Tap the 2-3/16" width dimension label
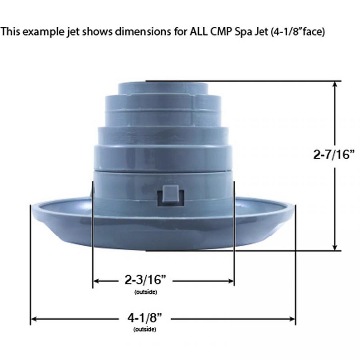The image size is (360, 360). click(x=145, y=280)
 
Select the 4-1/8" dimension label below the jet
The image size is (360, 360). click(x=145, y=318)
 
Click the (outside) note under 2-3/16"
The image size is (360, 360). click(x=146, y=292)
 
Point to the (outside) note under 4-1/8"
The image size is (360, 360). click(x=145, y=330)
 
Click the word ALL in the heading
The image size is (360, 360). click(x=198, y=32)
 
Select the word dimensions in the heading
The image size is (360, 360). click(x=143, y=32)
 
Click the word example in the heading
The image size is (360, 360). click(x=43, y=32)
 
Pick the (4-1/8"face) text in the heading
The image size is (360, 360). click(x=298, y=32)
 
